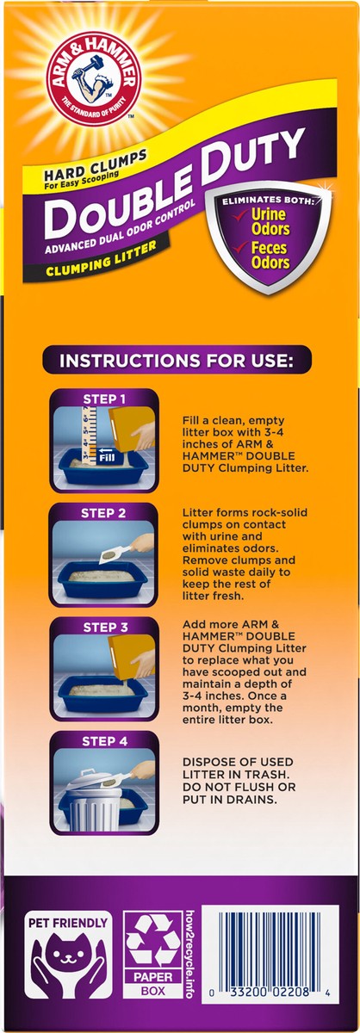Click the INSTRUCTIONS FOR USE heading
point(177,361)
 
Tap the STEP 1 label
point(104,399)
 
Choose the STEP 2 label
point(103,513)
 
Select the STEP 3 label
point(104,628)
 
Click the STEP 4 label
point(104,741)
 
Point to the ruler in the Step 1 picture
point(89,434)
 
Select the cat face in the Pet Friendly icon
point(68,943)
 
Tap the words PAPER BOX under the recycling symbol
point(152,983)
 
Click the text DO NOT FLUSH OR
point(239,787)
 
